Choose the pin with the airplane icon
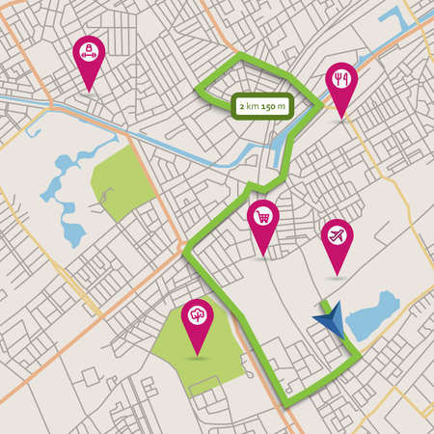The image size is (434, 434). tap(336, 237)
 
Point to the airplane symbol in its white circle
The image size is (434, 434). tap(336, 234)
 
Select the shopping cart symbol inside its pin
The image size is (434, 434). tap(262, 217)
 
